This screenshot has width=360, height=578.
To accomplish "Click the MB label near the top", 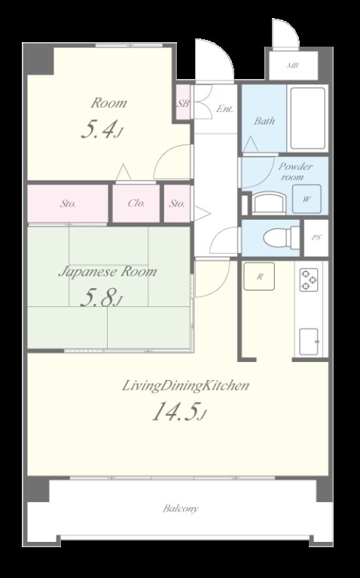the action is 293,66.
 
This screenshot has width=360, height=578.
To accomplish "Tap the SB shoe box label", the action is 183,104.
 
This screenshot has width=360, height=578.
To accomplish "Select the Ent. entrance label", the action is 224,108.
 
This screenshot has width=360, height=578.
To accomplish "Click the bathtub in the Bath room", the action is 307,118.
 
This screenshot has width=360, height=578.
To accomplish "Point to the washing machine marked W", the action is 307,199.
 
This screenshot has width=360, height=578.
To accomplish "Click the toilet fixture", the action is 282,238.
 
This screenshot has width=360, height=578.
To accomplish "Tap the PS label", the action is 316,238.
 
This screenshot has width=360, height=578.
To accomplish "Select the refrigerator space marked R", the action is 259,276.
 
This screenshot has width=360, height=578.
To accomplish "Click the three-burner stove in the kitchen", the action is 309,280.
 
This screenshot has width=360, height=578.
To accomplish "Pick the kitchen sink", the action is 309,342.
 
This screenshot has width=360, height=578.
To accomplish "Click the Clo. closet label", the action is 136,203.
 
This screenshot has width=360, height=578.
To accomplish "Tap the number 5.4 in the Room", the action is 97,129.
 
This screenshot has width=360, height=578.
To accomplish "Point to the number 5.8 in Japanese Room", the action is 96,298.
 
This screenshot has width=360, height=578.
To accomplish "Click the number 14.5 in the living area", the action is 173,412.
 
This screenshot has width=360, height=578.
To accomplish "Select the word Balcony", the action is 181,509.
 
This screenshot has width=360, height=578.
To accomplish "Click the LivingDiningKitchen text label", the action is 185,386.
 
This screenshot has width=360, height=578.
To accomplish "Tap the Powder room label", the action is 294,172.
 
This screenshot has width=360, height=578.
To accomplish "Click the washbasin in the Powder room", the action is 270,202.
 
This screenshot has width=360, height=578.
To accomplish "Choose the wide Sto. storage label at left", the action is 69,203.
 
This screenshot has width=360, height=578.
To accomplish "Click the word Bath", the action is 264,120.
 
